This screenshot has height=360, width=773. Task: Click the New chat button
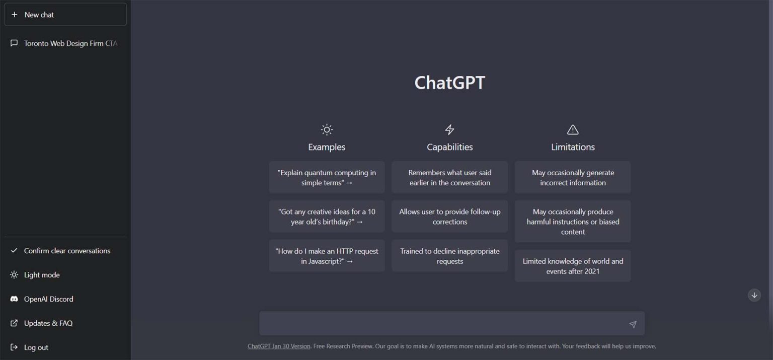(x=65, y=15)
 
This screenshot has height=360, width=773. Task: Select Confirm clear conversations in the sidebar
(x=66, y=251)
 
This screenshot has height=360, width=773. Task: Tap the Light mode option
(x=41, y=275)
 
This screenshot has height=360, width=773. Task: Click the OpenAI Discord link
(x=48, y=299)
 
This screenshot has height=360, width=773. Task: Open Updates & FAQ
(x=48, y=323)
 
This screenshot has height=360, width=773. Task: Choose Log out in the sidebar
(x=36, y=347)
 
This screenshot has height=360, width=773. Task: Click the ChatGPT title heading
(x=449, y=83)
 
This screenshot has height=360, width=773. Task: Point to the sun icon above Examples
(x=327, y=130)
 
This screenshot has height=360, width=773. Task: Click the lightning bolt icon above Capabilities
(x=449, y=130)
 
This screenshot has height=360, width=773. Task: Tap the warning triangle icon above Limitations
(x=573, y=130)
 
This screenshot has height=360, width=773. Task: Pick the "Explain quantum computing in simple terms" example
(x=327, y=177)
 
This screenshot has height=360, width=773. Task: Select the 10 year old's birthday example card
(x=327, y=217)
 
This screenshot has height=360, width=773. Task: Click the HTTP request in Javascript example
(x=327, y=256)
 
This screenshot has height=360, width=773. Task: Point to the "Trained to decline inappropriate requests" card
(x=449, y=256)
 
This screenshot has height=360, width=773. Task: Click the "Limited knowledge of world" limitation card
(x=573, y=266)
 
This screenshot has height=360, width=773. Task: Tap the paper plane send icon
(x=633, y=324)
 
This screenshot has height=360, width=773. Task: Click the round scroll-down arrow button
(x=754, y=296)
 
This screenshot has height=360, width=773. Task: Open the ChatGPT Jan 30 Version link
(x=279, y=346)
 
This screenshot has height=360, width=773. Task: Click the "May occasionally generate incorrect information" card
(x=573, y=177)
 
